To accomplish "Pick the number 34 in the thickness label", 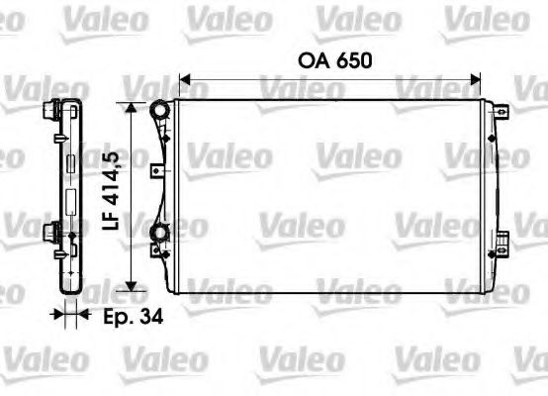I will point(151,317).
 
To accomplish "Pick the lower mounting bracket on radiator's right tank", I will point(502,241).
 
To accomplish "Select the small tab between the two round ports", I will point(154,171).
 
